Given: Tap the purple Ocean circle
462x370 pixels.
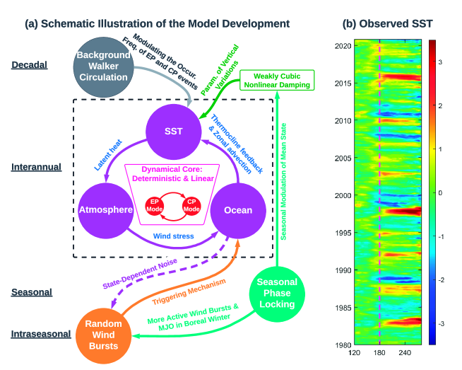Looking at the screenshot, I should (x=237, y=210).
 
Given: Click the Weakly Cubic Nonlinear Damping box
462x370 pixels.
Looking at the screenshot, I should (x=275, y=80).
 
